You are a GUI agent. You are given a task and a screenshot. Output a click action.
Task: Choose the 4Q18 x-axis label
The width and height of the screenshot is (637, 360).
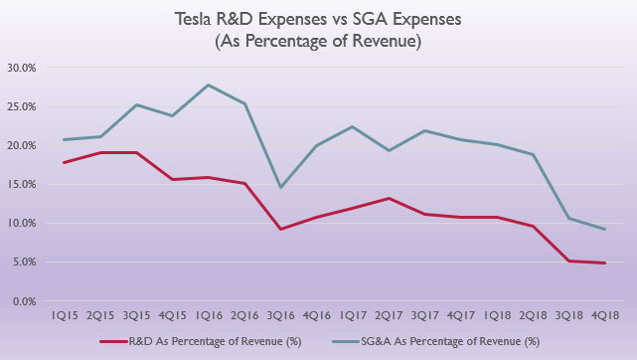[607, 317]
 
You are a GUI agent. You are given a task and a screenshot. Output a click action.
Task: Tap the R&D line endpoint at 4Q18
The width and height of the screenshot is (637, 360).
[607, 263]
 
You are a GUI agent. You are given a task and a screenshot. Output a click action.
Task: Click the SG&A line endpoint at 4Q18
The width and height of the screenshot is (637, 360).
[607, 229]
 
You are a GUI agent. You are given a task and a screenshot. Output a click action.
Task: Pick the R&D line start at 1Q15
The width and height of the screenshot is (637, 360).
[64, 162]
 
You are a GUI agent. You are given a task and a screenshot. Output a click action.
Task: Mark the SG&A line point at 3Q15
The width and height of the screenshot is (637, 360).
[136, 104]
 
